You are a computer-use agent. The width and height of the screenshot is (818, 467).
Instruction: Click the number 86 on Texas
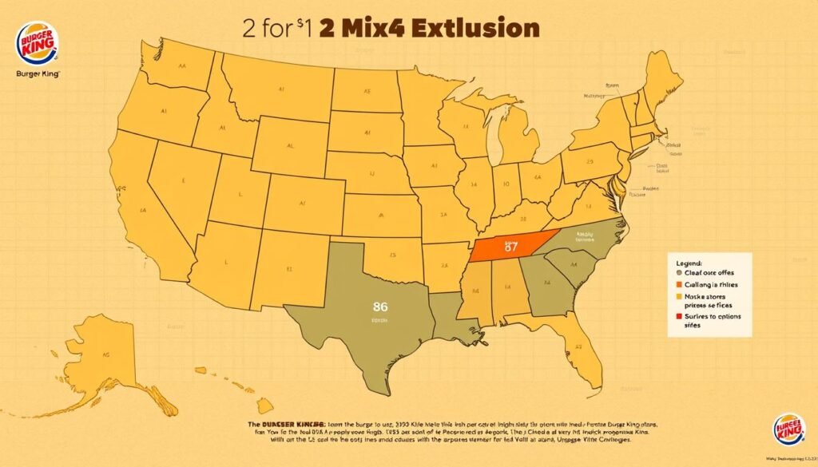tap(379, 305)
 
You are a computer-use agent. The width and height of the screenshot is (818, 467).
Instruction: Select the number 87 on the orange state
tap(511, 245)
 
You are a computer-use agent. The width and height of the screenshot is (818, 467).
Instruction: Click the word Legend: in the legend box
tap(689, 262)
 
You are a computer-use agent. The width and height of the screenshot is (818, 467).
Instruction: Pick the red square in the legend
tap(680, 317)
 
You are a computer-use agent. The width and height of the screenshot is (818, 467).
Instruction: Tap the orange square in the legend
tap(680, 283)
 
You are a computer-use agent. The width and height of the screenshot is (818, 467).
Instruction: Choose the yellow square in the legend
tap(680, 295)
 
